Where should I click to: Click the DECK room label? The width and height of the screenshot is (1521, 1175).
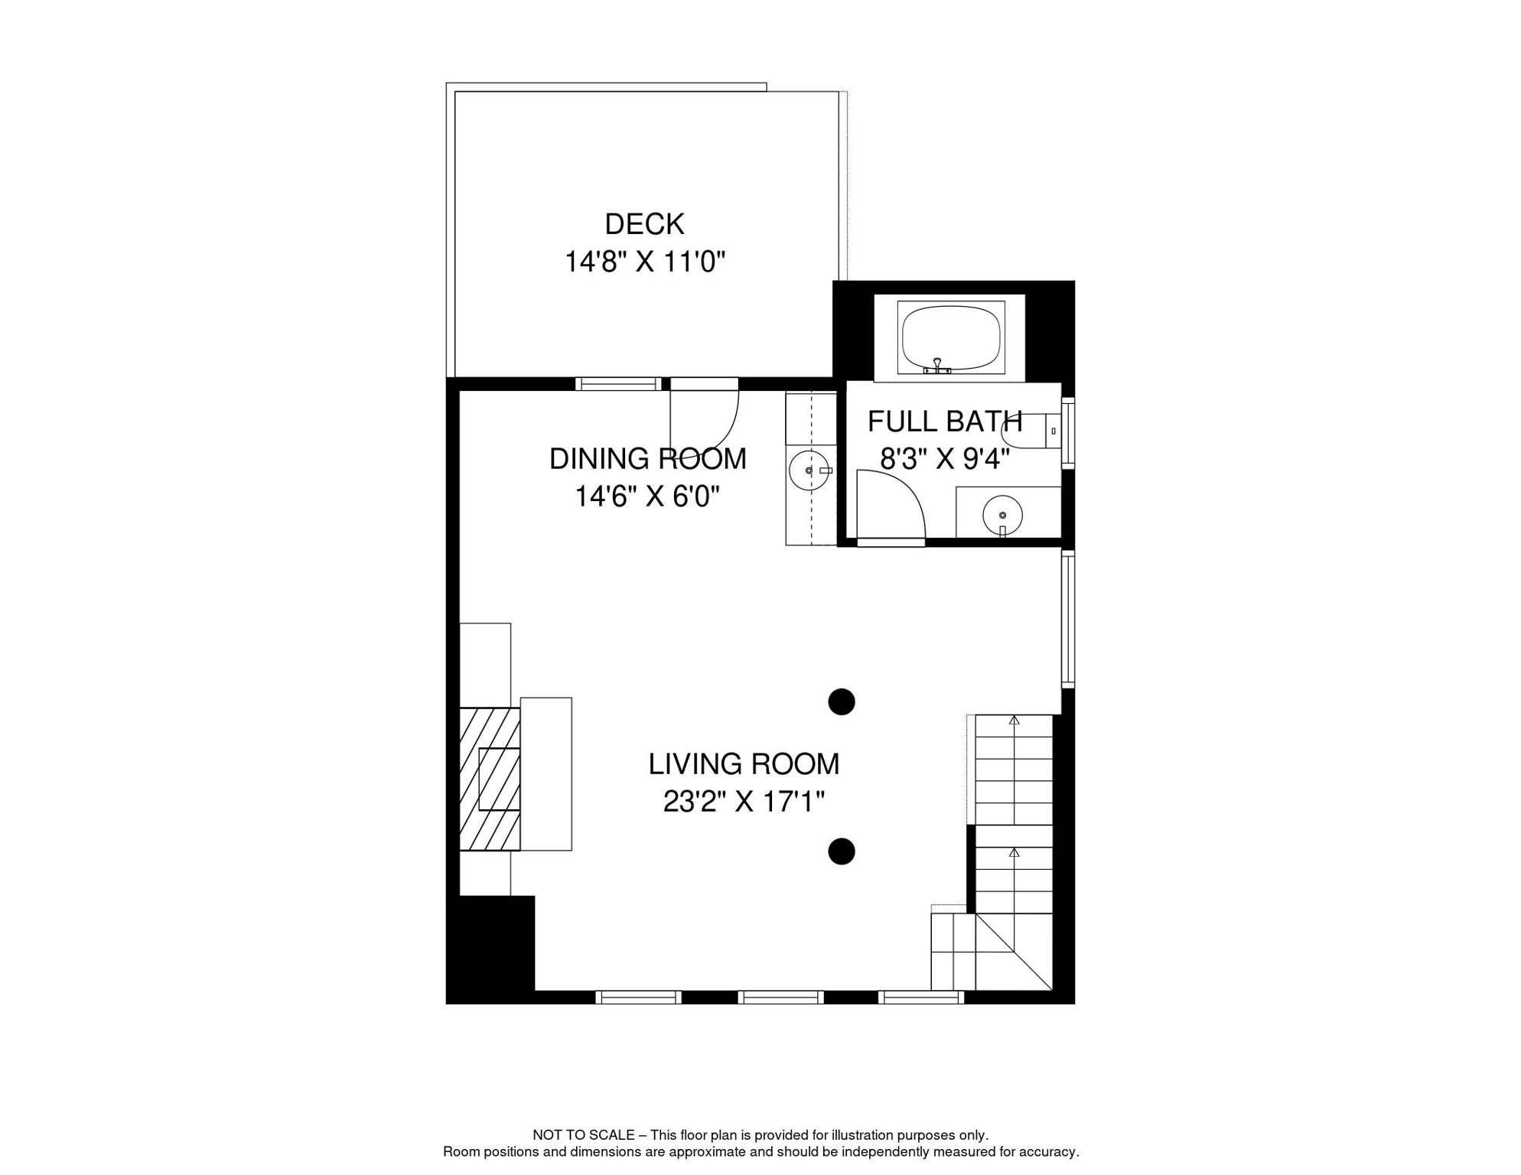pos(644,224)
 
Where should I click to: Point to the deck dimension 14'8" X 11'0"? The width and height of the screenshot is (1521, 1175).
pos(644,262)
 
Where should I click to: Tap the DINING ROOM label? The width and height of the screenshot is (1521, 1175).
pos(647,459)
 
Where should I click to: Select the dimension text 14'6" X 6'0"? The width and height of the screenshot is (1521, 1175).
pos(647,497)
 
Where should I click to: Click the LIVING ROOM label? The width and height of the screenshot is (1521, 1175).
pos(744,764)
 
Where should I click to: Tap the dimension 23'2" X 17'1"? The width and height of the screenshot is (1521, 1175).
pos(744,802)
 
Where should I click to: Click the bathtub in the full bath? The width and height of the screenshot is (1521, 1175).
pos(950,337)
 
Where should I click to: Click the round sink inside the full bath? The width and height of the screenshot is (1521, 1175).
pos(1002,515)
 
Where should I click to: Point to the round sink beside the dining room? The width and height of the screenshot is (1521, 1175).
pos(809,470)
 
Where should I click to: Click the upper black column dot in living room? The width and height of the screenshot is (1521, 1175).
pos(842,701)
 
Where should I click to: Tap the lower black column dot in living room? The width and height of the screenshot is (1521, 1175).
pos(842,851)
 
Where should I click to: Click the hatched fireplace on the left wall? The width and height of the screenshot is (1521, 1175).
pos(490,779)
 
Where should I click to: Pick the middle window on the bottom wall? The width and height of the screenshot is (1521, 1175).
pos(780,997)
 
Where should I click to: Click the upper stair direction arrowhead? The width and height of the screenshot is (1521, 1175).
pos(1014,720)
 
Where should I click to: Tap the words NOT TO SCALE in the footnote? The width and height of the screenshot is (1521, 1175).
pos(583,1135)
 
